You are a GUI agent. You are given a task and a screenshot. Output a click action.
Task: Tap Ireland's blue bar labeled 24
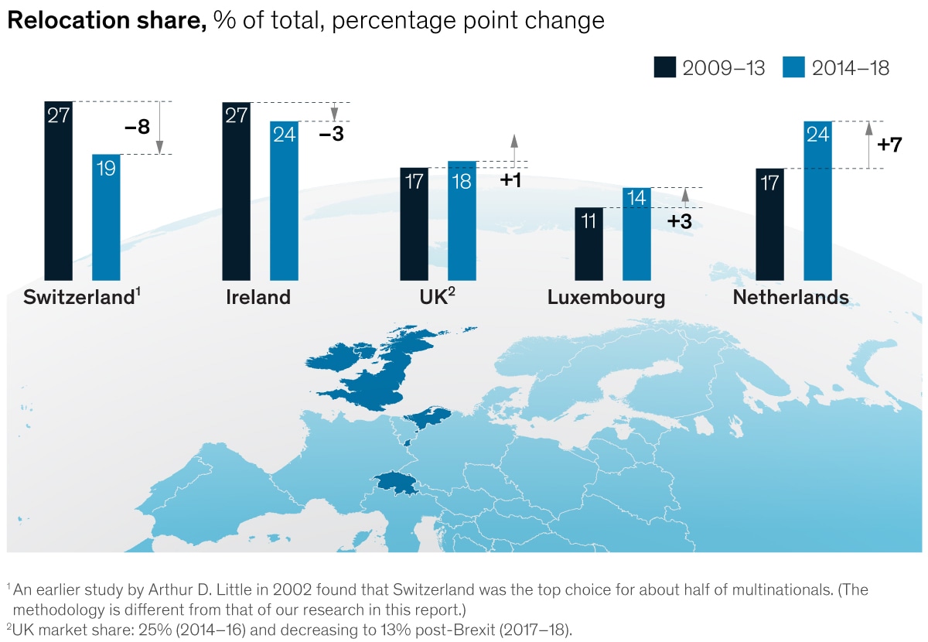pyautogui.click(x=283, y=200)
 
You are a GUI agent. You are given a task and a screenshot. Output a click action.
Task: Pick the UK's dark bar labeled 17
pyautogui.click(x=414, y=224)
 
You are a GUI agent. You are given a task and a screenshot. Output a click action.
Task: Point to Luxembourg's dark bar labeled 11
pyautogui.click(x=589, y=244)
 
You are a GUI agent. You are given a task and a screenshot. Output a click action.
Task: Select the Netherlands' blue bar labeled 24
pyautogui.click(x=817, y=200)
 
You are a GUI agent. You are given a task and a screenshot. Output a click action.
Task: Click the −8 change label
pyautogui.click(x=137, y=127)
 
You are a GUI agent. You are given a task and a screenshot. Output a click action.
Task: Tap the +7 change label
pyautogui.click(x=889, y=144)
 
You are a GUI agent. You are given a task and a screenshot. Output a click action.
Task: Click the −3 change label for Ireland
pyautogui.click(x=331, y=134)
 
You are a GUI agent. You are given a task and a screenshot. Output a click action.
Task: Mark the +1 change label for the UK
pyautogui.click(x=510, y=181)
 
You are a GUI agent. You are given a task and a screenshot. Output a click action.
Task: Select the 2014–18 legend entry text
pyautogui.click(x=850, y=68)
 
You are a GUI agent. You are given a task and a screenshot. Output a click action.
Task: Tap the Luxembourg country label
pyautogui.click(x=606, y=298)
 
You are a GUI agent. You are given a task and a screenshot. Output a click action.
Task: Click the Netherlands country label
pyautogui.click(x=790, y=298)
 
